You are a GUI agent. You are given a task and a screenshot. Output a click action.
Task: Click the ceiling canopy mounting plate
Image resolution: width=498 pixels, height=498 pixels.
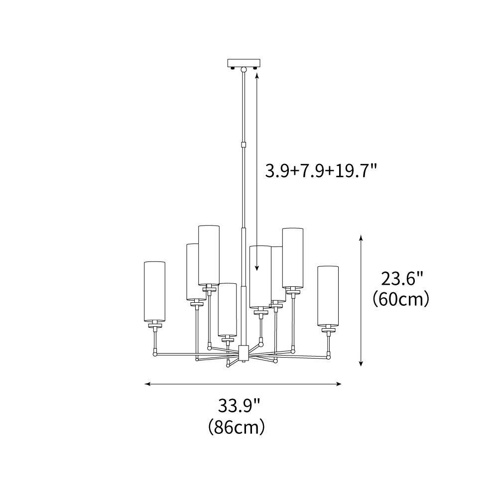pyautogui.click(x=244, y=63)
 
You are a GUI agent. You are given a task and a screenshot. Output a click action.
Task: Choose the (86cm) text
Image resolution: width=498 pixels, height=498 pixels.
pyautogui.click(x=237, y=427)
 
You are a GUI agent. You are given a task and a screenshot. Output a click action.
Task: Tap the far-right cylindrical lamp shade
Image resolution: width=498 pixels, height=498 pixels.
pyautogui.click(x=328, y=296)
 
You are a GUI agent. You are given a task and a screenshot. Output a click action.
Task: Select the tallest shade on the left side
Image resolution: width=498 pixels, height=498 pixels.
pyautogui.click(x=209, y=255)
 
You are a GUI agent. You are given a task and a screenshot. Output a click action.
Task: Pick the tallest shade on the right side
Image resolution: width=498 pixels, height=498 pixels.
pyautogui.click(x=293, y=257)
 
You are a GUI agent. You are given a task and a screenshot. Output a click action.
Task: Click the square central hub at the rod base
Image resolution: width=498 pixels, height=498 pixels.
pyautogui.click(x=244, y=353)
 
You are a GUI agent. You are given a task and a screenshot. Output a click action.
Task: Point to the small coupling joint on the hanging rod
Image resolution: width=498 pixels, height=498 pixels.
pyautogui.click(x=244, y=145)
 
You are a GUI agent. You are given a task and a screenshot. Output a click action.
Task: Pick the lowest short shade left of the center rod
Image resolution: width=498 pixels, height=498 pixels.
pyautogui.click(x=227, y=309)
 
